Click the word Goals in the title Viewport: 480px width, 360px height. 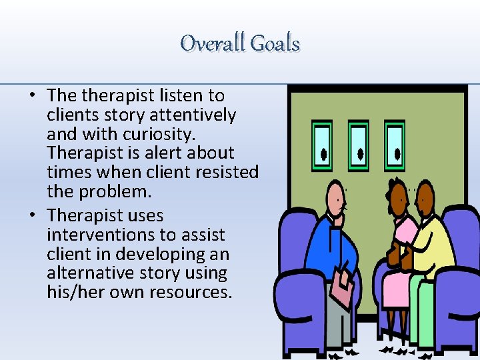[274, 44]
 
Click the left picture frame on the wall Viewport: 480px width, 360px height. [322, 146]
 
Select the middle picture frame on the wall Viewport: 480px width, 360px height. [358, 146]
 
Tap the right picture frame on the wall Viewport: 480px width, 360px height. [394, 146]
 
